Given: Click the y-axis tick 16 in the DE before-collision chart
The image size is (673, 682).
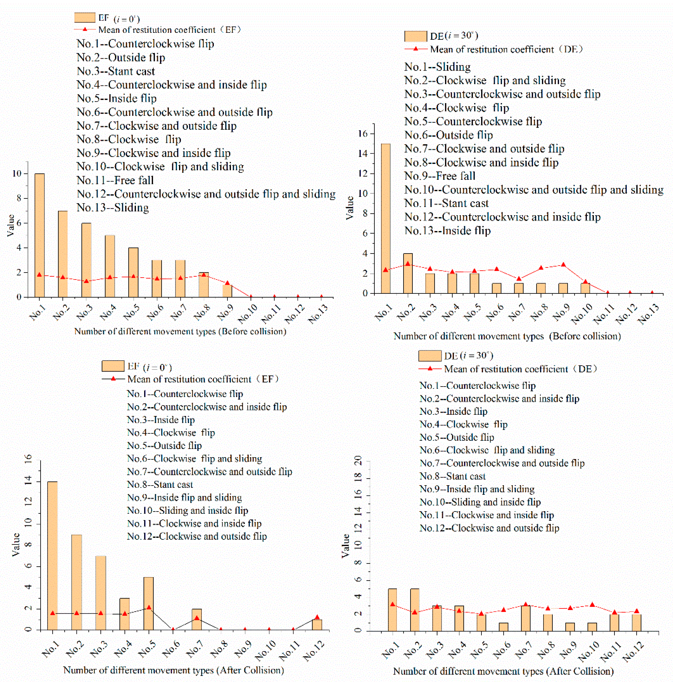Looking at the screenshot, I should [363, 133].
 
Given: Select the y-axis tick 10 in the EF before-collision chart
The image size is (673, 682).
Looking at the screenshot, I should [17, 173].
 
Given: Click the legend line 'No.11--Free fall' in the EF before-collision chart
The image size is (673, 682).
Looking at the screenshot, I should [115, 180].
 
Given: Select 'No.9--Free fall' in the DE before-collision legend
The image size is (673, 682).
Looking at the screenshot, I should [440, 176].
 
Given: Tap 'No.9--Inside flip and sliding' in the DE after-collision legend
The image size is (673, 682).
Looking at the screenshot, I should [477, 489].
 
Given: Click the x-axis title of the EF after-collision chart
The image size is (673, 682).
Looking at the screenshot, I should [173, 670].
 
